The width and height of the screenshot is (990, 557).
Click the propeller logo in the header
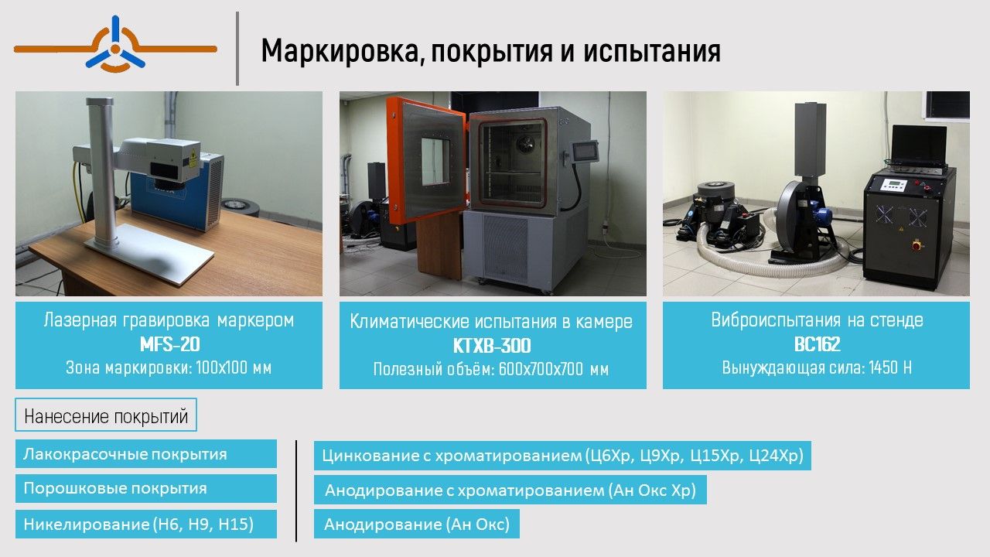115,44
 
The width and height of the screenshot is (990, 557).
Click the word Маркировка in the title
340,51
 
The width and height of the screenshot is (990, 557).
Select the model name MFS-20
169,344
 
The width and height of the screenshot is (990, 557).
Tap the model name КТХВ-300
492,346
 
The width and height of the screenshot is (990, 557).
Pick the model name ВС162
817,344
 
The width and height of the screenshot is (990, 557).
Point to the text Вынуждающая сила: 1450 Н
817,367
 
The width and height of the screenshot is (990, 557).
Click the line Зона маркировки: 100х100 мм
169,367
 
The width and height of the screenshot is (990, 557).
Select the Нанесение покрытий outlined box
106,415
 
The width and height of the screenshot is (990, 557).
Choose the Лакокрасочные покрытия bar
146,453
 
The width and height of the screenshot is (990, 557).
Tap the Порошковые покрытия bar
146,488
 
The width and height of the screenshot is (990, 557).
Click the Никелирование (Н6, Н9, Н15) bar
146,524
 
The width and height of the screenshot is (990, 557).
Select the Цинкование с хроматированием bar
562,456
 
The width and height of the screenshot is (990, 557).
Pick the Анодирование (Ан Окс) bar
417,524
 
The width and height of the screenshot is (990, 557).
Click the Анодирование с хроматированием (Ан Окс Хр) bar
510,490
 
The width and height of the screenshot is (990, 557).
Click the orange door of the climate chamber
425,159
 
